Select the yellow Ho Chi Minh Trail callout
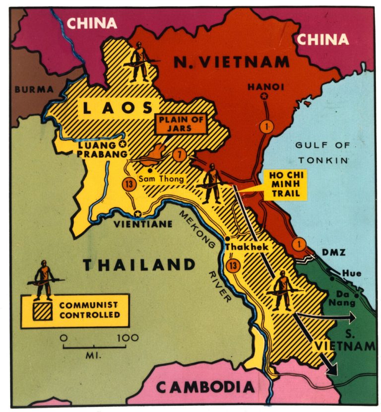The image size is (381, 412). [285, 184]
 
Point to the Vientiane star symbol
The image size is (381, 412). [138, 214]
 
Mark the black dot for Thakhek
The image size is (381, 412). [227, 239]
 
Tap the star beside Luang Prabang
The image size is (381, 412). [122, 143]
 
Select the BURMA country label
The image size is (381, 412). [33, 90]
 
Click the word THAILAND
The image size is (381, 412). [139, 265]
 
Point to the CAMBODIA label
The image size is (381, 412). [206, 387]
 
